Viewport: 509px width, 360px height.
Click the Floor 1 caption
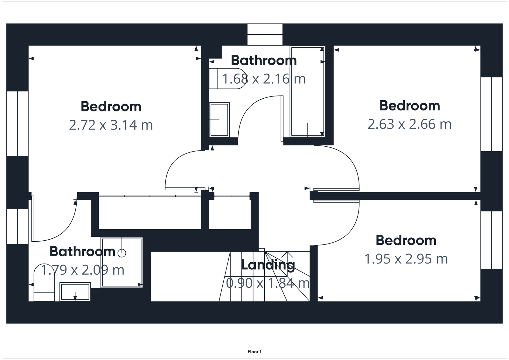click(x=254, y=352)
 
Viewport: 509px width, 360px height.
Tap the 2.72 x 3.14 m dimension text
click(x=111, y=125)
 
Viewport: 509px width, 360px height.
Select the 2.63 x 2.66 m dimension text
click(x=409, y=124)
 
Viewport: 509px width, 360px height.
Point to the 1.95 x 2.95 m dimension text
click(x=406, y=259)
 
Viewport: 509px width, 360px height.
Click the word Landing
click(x=268, y=265)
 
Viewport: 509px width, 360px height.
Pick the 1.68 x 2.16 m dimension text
click(x=264, y=79)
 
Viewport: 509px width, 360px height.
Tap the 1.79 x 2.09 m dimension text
click(x=82, y=270)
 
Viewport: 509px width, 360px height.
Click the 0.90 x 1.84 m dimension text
click(x=268, y=283)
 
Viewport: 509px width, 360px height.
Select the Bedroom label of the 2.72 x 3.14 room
click(x=111, y=107)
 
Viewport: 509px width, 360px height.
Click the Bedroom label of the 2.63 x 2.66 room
click(x=409, y=106)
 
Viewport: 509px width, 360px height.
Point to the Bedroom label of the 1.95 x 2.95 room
click(x=406, y=240)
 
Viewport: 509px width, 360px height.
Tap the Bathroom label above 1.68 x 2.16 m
click(x=264, y=60)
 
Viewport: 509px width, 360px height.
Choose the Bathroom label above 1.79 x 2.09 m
click(x=82, y=252)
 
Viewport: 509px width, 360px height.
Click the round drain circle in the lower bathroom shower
click(x=122, y=253)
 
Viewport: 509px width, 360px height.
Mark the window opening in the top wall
click(x=265, y=34)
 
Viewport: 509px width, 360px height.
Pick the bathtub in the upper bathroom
click(x=307, y=92)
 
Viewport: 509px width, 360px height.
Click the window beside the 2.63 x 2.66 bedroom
click(x=492, y=114)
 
